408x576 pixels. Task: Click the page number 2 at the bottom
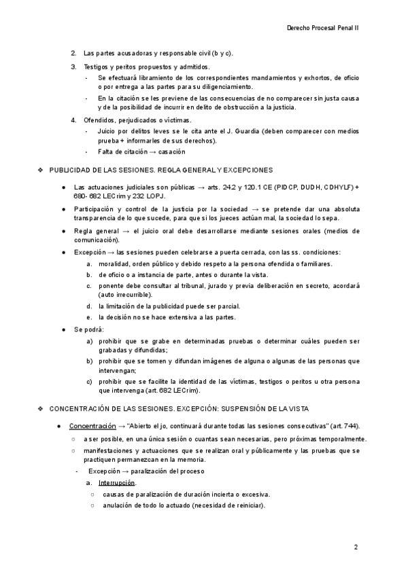coord(355,547)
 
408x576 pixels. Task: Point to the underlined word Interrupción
coord(117,482)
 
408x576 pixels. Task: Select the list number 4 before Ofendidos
coord(73,120)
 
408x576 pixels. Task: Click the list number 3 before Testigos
coord(73,67)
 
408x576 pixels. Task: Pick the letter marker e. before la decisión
coord(89,317)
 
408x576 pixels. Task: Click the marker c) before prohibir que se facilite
coord(89,381)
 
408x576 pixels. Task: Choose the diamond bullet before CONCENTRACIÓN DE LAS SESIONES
coord(40,409)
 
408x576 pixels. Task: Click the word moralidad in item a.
coord(116,263)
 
